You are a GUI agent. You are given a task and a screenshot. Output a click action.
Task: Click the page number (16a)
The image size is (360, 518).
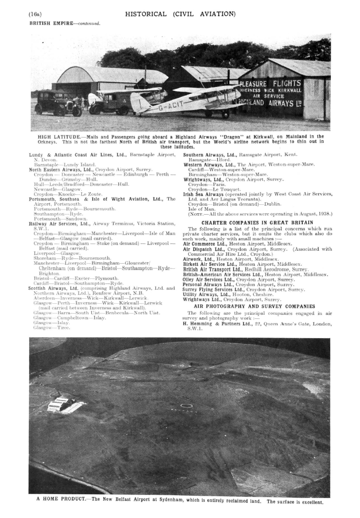coord(35,14)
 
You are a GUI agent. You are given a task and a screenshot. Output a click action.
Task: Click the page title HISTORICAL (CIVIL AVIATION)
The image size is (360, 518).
coord(180,14)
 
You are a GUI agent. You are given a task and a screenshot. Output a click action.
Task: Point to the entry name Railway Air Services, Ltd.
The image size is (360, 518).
coord(60,223)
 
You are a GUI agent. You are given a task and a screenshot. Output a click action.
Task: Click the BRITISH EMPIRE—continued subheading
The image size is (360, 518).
coord(65,23)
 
